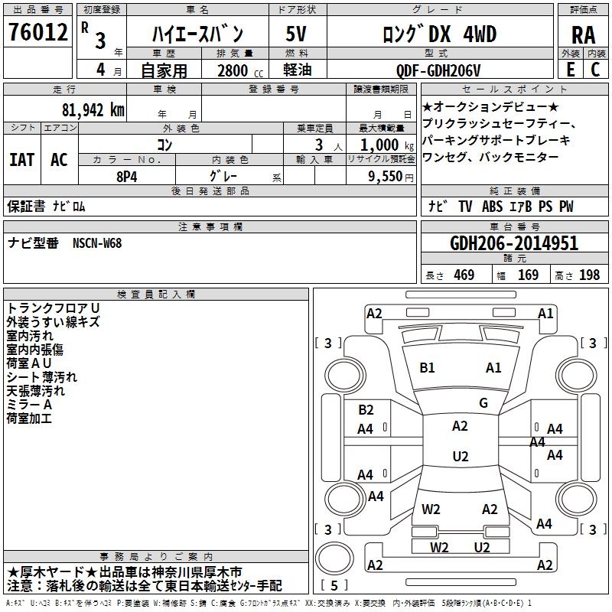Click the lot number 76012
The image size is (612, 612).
(38, 31)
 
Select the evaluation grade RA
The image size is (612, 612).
(584, 35)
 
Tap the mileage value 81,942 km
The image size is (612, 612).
(93, 110)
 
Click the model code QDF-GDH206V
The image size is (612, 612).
(438, 70)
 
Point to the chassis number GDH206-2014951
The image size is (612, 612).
(514, 243)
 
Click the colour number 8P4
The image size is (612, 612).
(127, 177)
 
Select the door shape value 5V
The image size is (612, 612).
(296, 34)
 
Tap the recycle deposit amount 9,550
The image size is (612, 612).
(386, 177)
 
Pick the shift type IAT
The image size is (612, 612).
(22, 160)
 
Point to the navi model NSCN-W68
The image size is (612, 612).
(97, 243)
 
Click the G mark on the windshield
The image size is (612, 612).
(483, 403)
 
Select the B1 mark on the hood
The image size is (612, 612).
(427, 368)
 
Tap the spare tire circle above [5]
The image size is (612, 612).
(334, 558)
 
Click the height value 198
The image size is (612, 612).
(589, 275)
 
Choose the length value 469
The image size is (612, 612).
(464, 275)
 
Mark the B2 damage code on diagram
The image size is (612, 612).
(366, 410)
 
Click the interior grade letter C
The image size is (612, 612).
(595, 70)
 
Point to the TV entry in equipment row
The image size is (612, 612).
(465, 207)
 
